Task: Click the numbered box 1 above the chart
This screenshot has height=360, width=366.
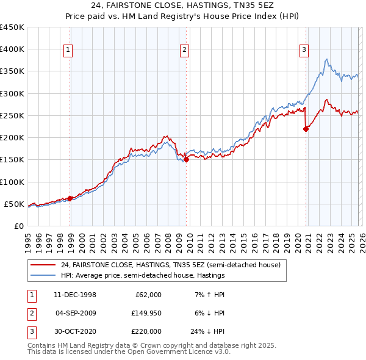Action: (68, 51)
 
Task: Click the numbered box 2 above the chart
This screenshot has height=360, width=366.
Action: (184, 51)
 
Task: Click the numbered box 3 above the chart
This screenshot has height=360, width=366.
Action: (304, 51)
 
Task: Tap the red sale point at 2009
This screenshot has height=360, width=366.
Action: (186, 160)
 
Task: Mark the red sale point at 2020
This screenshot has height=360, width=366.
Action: (306, 129)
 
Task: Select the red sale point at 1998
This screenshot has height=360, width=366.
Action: (70, 198)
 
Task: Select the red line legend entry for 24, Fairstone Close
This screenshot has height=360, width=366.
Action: (170, 265)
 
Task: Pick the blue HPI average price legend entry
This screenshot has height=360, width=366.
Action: (143, 276)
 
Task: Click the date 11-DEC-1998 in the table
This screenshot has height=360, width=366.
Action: (74, 295)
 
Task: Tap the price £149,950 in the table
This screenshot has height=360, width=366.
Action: (145, 313)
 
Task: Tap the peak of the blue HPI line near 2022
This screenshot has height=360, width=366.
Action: (327, 59)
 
